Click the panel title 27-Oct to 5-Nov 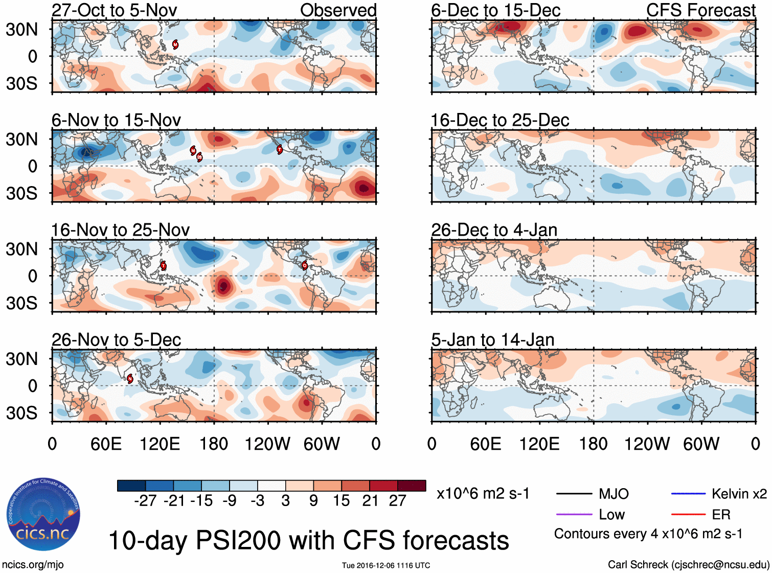click(114, 10)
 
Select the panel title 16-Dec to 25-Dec click(499, 120)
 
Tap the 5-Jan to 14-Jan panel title click(492, 340)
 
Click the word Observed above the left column click(338, 10)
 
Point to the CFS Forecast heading click(700, 10)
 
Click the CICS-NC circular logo click(43, 514)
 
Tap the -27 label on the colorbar click(145, 501)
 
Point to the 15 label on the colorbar click(341, 501)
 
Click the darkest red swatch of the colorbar click(412, 486)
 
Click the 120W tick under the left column click(267, 444)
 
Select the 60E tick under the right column click(485, 444)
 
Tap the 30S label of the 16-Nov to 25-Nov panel click(21, 303)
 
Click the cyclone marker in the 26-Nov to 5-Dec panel click(130, 378)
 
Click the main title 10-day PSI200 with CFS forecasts click(308, 540)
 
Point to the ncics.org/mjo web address click(33, 565)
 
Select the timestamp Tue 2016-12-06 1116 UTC click(386, 565)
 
